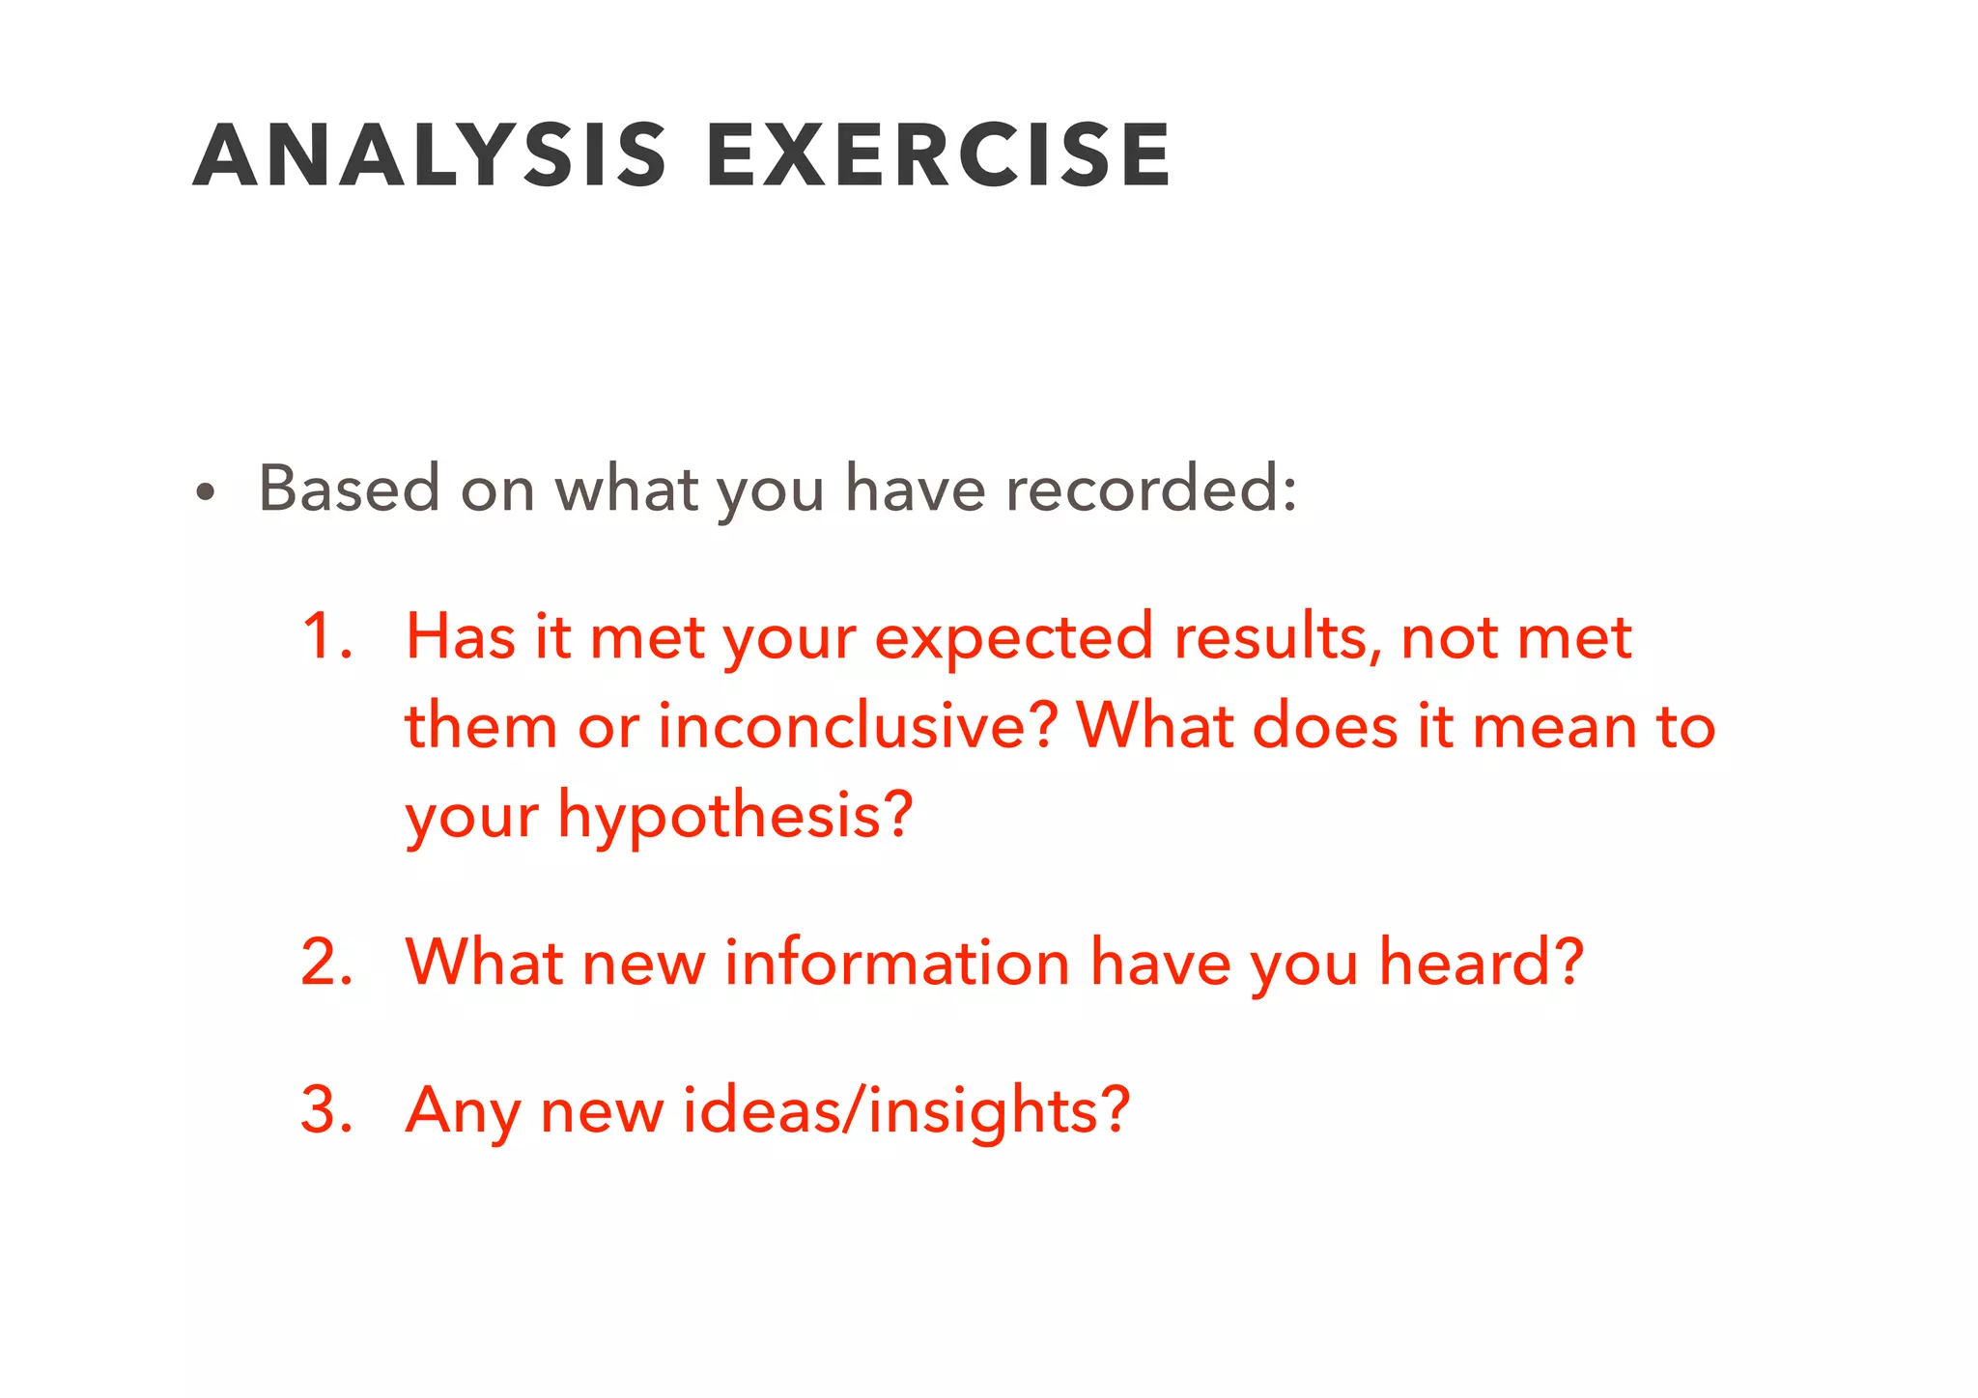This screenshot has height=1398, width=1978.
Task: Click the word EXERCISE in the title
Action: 938,155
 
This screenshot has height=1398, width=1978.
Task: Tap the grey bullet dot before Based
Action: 204,492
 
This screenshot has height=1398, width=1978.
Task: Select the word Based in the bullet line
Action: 349,489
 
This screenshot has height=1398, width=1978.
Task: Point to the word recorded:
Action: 1151,489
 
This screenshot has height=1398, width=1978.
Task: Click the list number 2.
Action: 326,963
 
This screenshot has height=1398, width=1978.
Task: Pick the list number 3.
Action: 326,1110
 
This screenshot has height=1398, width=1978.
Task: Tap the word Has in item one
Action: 460,637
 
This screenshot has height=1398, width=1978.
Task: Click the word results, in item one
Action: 1278,637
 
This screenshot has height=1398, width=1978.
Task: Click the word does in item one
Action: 1324,726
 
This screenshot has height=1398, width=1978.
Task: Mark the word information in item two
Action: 896,963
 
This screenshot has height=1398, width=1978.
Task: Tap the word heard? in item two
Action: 1481,963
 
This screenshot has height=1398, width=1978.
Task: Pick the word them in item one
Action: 480,726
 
